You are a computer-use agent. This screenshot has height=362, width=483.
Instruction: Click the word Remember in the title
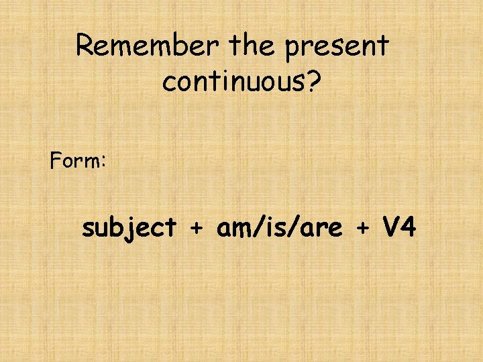coord(148,46)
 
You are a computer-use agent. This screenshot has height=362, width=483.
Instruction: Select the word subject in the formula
coord(129,229)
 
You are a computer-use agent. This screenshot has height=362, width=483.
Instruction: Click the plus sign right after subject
coord(196,229)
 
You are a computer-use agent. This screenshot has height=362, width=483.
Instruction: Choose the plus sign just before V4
coord(362,229)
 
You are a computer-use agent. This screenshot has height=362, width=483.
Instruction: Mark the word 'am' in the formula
coord(233,229)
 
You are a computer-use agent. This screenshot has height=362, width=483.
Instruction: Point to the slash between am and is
coord(254,229)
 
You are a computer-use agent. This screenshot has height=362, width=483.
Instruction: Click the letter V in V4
coord(392,228)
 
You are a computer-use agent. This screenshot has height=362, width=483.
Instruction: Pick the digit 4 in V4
coord(409,228)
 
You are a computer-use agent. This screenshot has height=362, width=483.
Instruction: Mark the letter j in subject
coord(137,229)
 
